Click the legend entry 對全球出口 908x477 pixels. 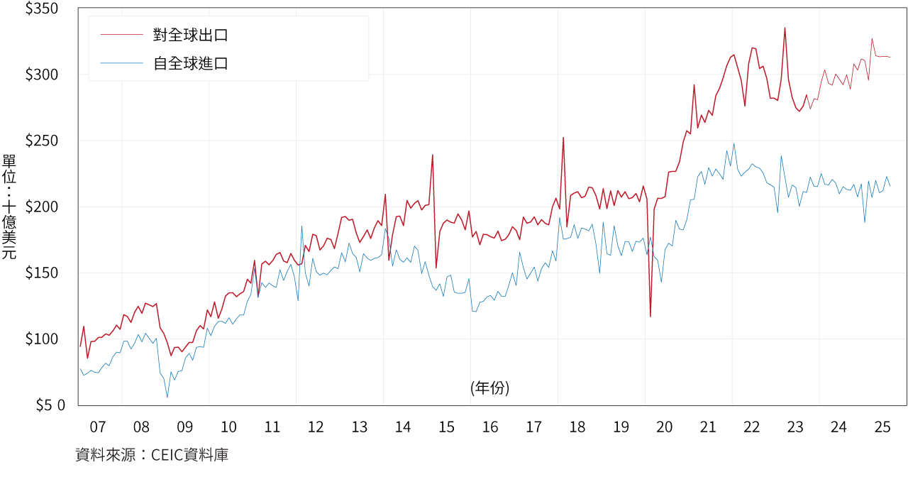pyautogui.click(x=190, y=35)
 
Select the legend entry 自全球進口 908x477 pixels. pyautogui.click(x=190, y=64)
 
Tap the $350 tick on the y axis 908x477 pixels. pyautogui.click(x=42, y=9)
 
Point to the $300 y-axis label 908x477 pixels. pyautogui.click(x=42, y=75)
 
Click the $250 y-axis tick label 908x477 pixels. pyautogui.click(x=42, y=141)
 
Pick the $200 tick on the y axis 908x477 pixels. pyautogui.click(x=42, y=207)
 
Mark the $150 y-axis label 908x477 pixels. pyautogui.click(x=42, y=273)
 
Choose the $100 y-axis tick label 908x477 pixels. pyautogui.click(x=42, y=339)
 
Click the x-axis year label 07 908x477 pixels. pyautogui.click(x=98, y=427)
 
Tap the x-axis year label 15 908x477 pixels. pyautogui.click(x=446, y=427)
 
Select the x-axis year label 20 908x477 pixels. pyautogui.click(x=665, y=427)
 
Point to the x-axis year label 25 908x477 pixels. pyautogui.click(x=882, y=427)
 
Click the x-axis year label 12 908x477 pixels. pyautogui.click(x=316, y=427)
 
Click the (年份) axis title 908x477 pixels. pyautogui.click(x=489, y=388)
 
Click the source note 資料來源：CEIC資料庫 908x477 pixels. pyautogui.click(x=152, y=455)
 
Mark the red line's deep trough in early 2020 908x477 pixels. pyautogui.click(x=650, y=317)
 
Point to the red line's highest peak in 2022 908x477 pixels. pyautogui.click(x=785, y=28)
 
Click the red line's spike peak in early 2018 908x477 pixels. pyautogui.click(x=563, y=138)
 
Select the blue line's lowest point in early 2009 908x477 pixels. pyautogui.click(x=167, y=397)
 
